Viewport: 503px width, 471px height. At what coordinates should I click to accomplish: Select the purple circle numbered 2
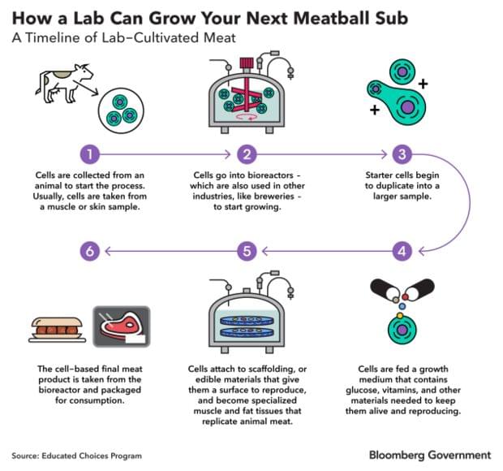[248, 154]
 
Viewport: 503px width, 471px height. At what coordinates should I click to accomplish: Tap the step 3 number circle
[401, 154]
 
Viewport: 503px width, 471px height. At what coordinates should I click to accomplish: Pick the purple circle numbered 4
[401, 252]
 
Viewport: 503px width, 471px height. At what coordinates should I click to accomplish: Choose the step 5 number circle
[248, 252]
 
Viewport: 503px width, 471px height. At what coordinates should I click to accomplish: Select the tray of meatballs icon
[57, 329]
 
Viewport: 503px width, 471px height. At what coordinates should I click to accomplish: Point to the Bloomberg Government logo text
[430, 454]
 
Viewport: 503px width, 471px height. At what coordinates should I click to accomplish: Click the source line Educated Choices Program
[76, 455]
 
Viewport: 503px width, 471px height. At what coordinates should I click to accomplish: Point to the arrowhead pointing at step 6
[110, 252]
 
